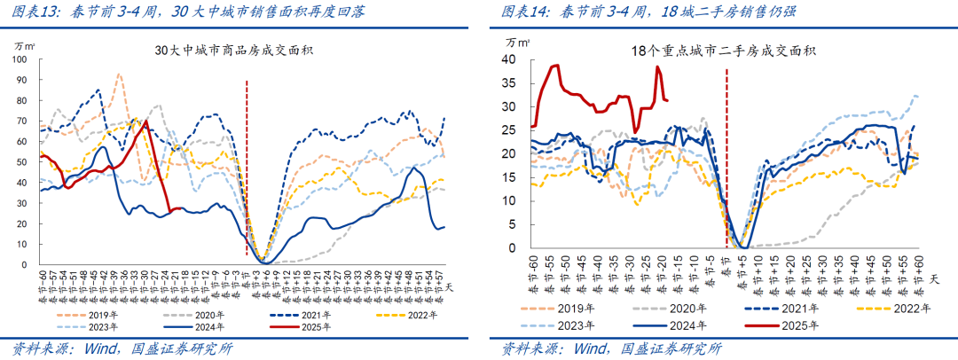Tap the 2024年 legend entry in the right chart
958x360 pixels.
700,325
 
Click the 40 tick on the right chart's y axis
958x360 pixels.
508,59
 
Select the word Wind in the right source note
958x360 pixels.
592,348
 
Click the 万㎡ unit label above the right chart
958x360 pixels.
517,41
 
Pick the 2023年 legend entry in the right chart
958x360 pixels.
577,325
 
